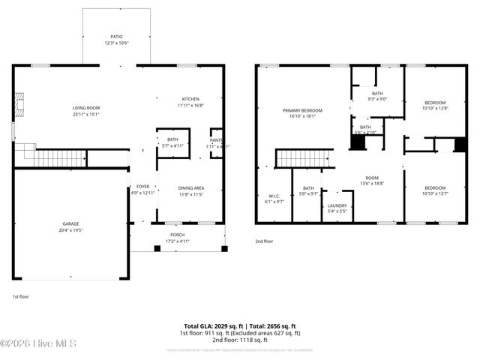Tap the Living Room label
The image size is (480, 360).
[86, 108]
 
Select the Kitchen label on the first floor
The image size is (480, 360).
[190, 100]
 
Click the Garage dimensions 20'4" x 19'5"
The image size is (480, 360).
[71, 229]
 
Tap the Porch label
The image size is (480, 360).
[178, 234]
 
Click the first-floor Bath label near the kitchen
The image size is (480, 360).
[172, 139]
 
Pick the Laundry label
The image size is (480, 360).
[337, 205]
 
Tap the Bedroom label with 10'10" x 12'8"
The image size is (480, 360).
[435, 103]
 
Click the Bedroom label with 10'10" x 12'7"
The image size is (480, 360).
[435, 188]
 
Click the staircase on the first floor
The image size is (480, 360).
[57, 157]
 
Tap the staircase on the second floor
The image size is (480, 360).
[304, 158]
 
